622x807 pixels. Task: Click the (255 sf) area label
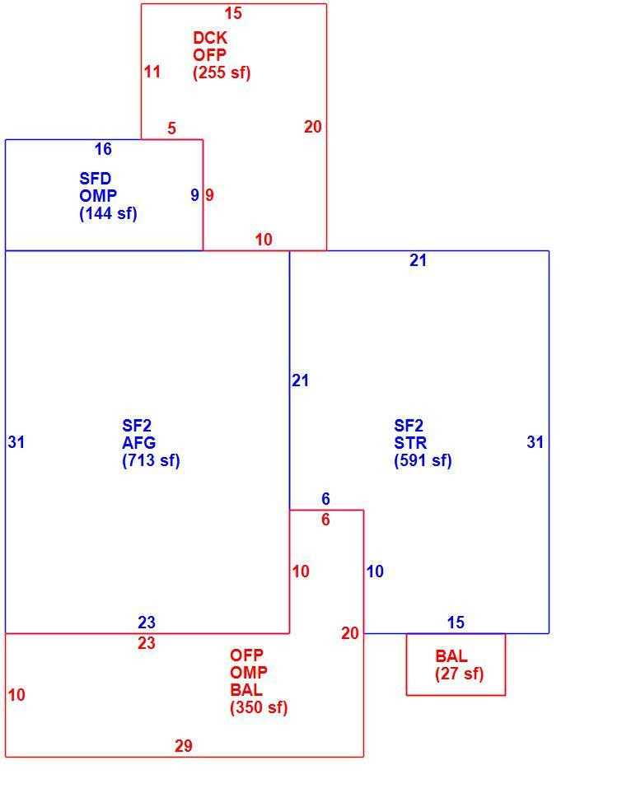222,72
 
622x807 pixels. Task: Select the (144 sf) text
108,213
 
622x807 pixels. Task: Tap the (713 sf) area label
151,460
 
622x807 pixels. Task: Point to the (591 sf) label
423,460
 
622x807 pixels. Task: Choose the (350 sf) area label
259,707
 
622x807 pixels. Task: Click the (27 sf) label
460,674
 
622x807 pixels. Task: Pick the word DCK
210,38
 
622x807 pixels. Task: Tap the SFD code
96,179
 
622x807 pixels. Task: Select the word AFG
139,443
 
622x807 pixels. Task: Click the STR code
410,443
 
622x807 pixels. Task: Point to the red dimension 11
152,72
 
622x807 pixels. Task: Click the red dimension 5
171,128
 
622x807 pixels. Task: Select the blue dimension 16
103,149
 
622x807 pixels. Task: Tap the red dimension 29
183,746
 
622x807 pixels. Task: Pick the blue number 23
147,623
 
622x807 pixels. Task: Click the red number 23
147,643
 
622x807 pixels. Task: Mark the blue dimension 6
325,499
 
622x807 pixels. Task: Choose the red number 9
209,195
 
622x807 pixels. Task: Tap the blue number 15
456,623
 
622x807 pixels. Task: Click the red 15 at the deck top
233,13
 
